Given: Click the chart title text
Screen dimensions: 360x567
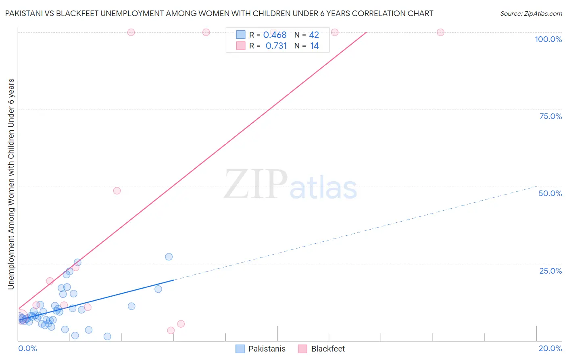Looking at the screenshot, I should click(x=219, y=13).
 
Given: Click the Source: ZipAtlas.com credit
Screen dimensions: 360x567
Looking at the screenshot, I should click(x=531, y=13).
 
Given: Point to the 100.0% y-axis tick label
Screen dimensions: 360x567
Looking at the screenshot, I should click(x=548, y=39).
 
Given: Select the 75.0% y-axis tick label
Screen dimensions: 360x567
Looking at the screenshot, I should click(x=550, y=116).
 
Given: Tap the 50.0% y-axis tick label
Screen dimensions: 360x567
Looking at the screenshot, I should click(x=550, y=193).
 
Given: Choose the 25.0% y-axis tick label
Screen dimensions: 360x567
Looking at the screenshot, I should click(x=550, y=270).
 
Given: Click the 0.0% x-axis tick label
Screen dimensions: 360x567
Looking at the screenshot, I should click(x=27, y=348).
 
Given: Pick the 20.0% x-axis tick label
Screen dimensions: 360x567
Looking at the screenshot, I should click(x=550, y=348).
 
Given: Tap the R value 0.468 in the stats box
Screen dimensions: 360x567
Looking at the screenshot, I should click(x=275, y=35).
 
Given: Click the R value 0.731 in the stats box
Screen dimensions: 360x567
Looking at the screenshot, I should click(x=276, y=46).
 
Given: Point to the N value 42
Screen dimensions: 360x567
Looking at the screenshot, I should click(x=314, y=35).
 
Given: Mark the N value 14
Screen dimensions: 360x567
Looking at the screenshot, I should click(x=314, y=46).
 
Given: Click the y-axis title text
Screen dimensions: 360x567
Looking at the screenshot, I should click(x=11, y=184).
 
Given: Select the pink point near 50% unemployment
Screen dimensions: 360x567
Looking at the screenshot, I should click(x=117, y=190).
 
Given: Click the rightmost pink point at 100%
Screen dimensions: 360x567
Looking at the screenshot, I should click(x=440, y=32).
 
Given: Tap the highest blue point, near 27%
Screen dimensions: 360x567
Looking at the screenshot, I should click(x=169, y=257).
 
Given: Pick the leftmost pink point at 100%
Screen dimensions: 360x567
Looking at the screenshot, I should click(x=131, y=32).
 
